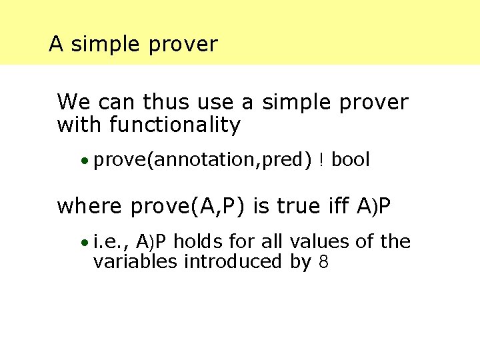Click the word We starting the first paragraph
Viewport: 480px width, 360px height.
(x=73, y=103)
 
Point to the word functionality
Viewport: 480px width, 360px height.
(x=177, y=125)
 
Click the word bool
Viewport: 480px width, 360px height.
(x=350, y=160)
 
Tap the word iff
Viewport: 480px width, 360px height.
(x=340, y=207)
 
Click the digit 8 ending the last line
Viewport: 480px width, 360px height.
(x=323, y=262)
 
